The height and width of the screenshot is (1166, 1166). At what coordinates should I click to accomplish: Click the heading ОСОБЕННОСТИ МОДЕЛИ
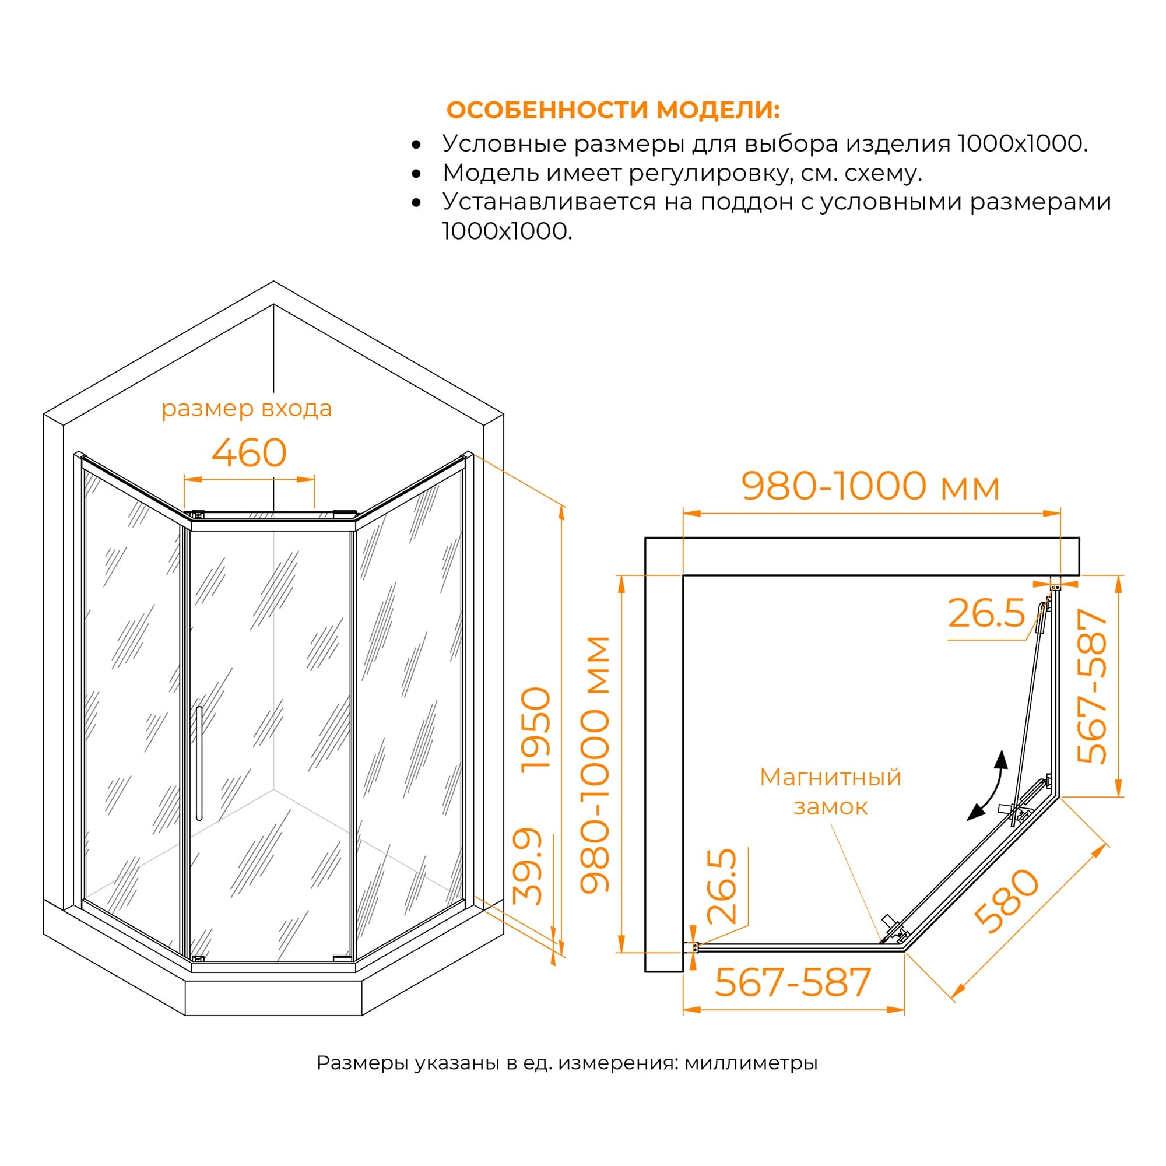coord(613,110)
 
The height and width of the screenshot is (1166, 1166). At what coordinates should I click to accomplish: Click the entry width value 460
coord(249,452)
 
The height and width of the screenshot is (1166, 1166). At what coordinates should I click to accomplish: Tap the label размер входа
coord(246,409)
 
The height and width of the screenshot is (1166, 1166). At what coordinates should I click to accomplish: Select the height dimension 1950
coord(536,730)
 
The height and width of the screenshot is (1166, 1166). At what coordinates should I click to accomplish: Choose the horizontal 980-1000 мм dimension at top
coord(871,486)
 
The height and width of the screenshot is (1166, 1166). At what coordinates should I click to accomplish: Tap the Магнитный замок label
coord(830,791)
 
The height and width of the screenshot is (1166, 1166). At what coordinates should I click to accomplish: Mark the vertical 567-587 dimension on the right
coord(1093,686)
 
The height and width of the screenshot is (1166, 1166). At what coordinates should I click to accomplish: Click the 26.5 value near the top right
coord(987,614)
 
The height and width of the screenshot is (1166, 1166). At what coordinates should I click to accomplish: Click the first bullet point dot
coord(416,145)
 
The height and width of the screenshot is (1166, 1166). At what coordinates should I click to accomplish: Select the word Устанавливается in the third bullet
coord(549,202)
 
